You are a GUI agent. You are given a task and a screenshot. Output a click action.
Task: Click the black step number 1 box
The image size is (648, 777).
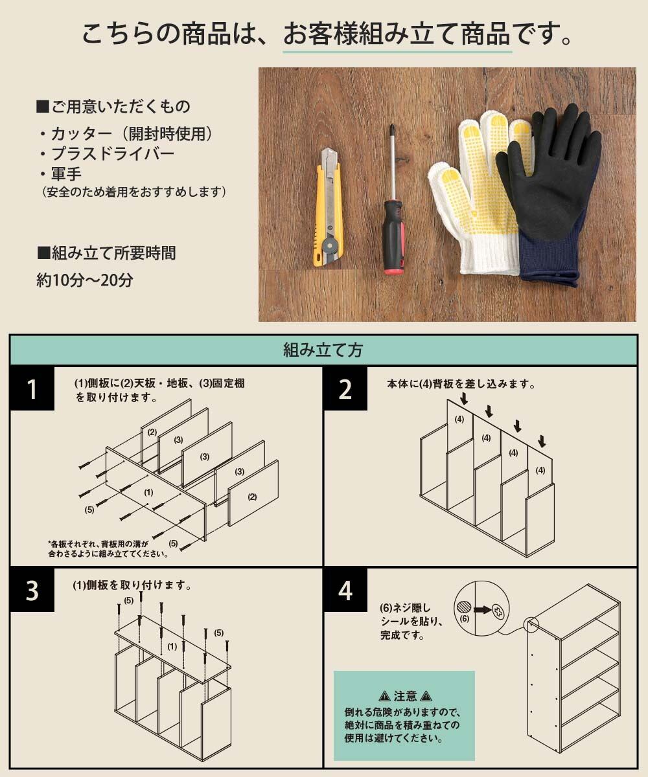32,389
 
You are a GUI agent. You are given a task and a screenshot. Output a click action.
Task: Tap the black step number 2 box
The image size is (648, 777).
345,389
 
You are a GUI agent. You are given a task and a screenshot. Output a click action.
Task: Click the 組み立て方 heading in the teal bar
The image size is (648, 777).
323,350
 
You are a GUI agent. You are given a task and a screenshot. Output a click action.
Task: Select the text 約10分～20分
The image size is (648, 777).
84,280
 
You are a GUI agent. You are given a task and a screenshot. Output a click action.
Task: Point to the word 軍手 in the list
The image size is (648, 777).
66,174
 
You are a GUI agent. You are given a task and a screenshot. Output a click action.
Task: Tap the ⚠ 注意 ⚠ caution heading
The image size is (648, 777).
405,695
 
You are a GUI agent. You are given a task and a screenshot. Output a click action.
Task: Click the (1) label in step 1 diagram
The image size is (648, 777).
148,492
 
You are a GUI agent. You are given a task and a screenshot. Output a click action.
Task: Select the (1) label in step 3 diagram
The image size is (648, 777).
172,646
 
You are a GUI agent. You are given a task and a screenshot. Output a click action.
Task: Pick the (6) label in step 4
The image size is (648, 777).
465,618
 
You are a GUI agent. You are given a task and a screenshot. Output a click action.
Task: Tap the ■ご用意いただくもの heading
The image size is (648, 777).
113,106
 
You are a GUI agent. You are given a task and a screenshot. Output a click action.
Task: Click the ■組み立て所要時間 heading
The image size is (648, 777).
106,253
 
